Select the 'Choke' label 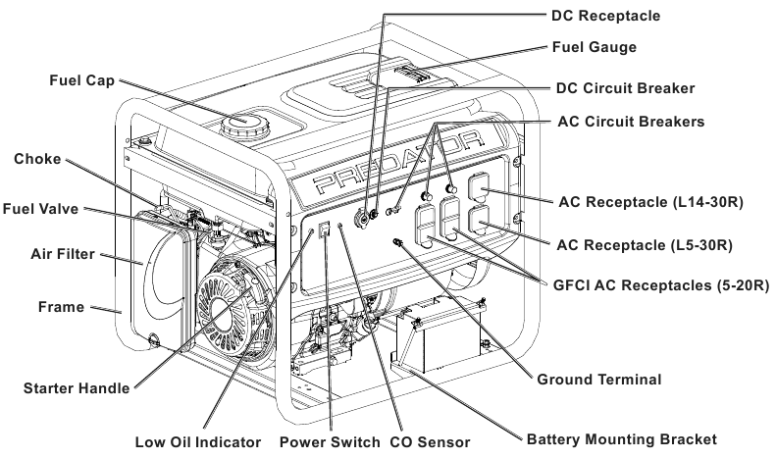coord(37,159)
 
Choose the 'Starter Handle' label coord(77,388)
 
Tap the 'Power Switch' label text coord(330,441)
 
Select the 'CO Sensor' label coord(430,441)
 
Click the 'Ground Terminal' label coord(600,380)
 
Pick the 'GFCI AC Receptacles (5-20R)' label coord(658,284)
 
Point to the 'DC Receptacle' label coord(615,16)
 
